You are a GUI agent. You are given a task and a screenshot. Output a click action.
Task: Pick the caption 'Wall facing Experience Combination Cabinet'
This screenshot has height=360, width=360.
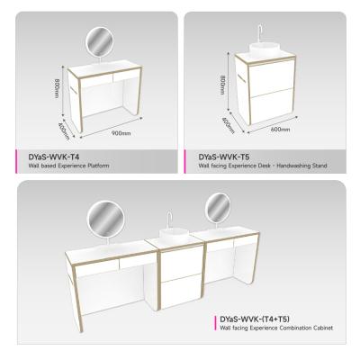[x=275, y=328]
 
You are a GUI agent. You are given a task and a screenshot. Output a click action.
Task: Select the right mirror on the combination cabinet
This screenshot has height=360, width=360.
[x=217, y=208]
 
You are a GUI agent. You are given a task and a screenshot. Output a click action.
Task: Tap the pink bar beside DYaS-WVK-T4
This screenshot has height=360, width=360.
[x=16, y=159]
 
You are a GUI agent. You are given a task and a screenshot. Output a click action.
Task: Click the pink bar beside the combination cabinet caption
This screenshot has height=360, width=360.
[x=212, y=323]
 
